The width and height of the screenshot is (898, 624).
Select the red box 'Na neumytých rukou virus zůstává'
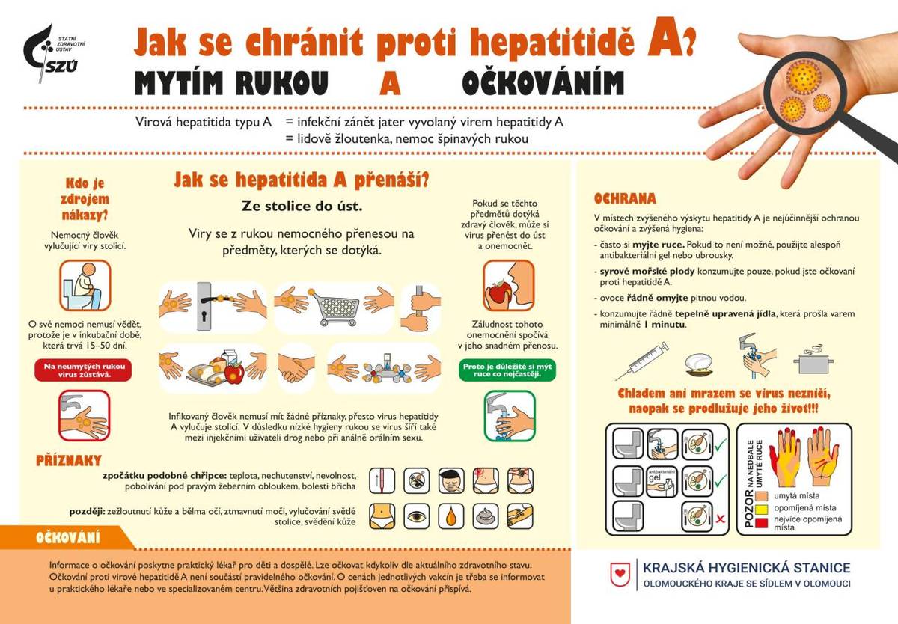(84, 370)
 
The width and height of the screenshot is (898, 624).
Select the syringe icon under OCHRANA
(647, 360)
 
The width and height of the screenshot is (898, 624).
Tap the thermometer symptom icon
(383, 480)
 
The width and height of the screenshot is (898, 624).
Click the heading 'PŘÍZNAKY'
(68, 460)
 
